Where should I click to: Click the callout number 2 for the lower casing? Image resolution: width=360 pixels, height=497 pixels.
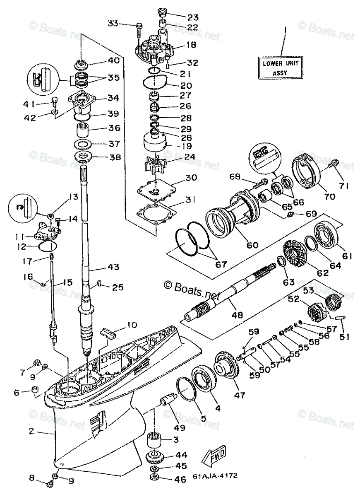(x=31, y=431)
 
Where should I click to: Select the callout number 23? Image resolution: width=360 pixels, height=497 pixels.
(x=193, y=17)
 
